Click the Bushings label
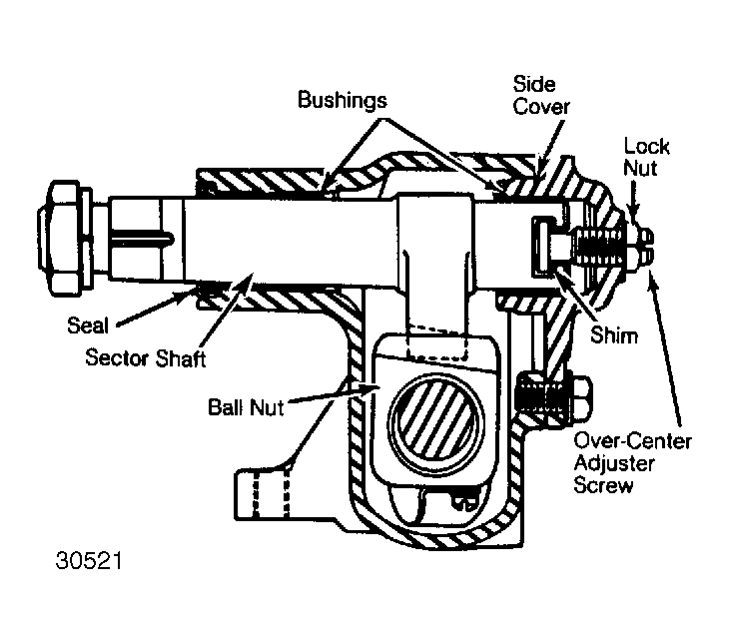[x=343, y=100]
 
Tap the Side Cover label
[x=541, y=95]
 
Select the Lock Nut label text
[x=646, y=157]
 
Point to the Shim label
[x=614, y=335]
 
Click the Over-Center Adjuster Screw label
[x=632, y=462]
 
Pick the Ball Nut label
[x=246, y=407]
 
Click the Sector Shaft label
[x=145, y=358]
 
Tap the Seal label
[x=88, y=325]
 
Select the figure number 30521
[x=89, y=561]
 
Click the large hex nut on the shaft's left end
[x=64, y=238]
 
